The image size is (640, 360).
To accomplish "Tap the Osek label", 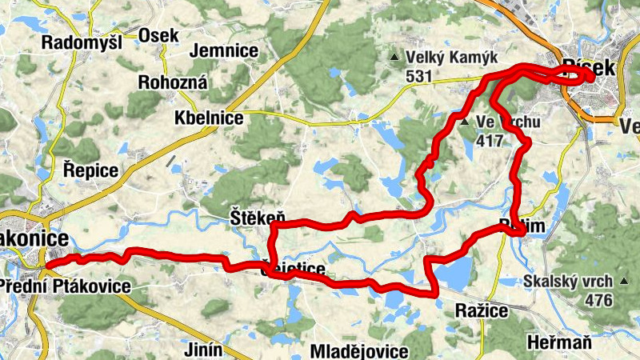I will click(x=158, y=35).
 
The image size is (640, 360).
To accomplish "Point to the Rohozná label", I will click(x=173, y=82).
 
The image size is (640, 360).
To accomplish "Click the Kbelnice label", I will click(x=209, y=118).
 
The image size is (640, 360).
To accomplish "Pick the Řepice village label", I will click(x=90, y=170).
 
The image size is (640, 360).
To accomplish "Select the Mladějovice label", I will click(x=359, y=351).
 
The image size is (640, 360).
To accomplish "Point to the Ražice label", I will click(x=481, y=310).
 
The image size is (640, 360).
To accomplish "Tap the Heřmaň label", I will click(x=560, y=342).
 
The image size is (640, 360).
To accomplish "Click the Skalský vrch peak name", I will click(x=569, y=281).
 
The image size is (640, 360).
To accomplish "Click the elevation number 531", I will click(x=418, y=77).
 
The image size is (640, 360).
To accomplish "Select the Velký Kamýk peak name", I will click(x=452, y=58).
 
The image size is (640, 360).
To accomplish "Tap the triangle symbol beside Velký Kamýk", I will click(x=394, y=58).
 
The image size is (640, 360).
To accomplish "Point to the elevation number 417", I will click(x=489, y=142).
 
